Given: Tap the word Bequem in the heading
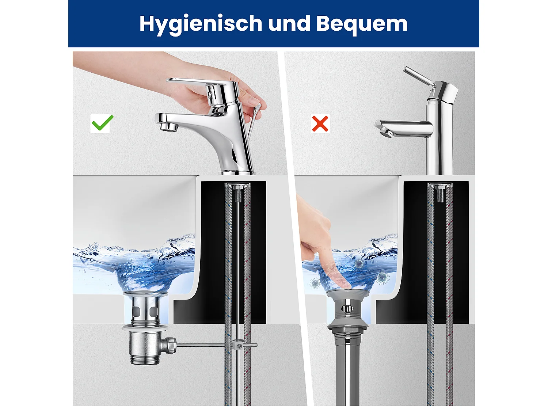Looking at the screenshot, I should [362, 24].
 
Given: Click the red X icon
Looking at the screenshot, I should [320, 123].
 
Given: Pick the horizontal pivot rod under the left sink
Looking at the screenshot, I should [205, 345].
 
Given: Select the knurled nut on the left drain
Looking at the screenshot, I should [170, 345].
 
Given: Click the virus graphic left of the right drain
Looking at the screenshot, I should [315, 282].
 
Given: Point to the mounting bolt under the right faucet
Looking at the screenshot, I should [441, 194].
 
